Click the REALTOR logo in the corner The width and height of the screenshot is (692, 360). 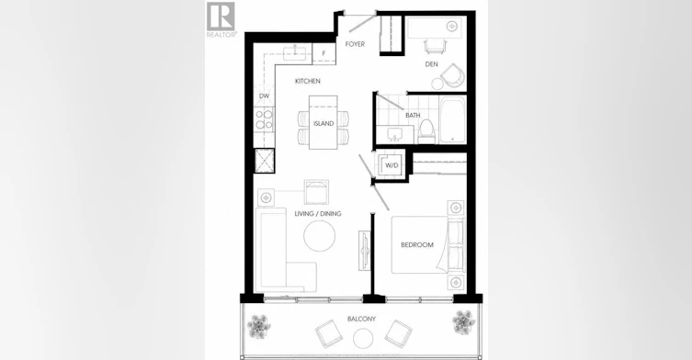click(x=221, y=19)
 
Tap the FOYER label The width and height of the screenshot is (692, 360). click(x=355, y=44)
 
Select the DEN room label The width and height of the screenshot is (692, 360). click(x=431, y=64)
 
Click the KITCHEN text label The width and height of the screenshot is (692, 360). click(x=308, y=81)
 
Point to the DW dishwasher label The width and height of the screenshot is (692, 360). click(x=264, y=96)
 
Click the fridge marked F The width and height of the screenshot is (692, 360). click(x=323, y=54)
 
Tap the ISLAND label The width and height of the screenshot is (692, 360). click(x=323, y=124)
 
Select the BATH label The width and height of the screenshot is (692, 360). click(x=413, y=115)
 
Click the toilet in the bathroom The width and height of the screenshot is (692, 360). click(x=426, y=131)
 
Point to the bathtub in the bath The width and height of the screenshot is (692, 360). click(x=452, y=119)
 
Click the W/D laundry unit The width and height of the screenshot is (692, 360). click(x=391, y=165)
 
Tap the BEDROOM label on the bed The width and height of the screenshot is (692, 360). click(x=417, y=245)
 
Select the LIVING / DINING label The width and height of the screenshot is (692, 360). click(x=318, y=214)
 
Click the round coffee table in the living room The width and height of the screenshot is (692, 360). click(x=320, y=236)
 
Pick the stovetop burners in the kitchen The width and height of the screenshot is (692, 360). click(x=264, y=119)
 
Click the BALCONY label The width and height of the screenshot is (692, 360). click(x=361, y=319)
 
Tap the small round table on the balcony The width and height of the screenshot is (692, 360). click(x=363, y=339)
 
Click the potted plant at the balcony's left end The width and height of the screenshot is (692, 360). click(x=259, y=326)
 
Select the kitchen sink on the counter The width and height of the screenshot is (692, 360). click(x=296, y=53)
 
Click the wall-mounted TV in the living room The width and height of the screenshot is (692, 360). click(x=364, y=251)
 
